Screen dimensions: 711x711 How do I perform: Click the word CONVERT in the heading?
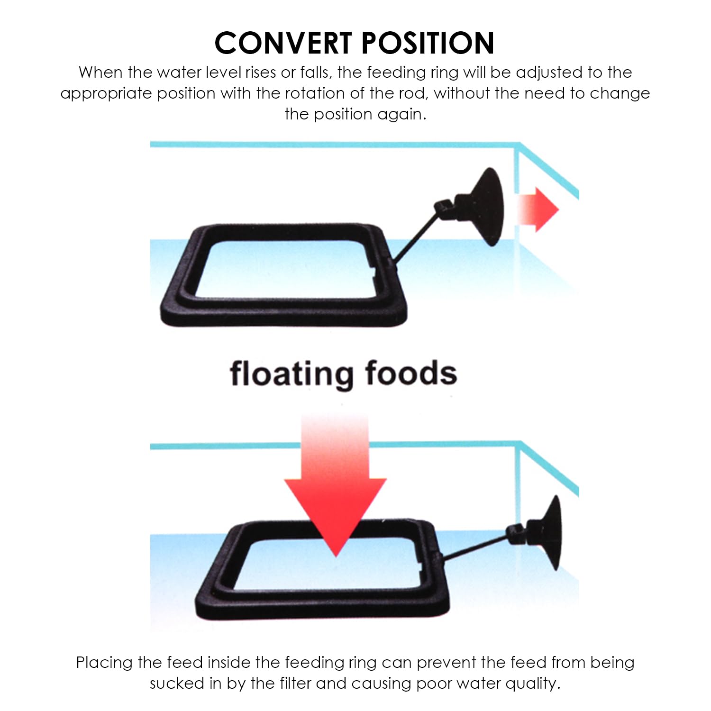283,43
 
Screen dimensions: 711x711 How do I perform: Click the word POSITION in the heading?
428,43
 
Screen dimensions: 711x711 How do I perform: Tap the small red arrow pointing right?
538,209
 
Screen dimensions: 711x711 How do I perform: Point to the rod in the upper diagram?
415,237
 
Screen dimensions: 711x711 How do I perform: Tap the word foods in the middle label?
411,373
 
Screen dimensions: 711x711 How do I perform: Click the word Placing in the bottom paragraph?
105,663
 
